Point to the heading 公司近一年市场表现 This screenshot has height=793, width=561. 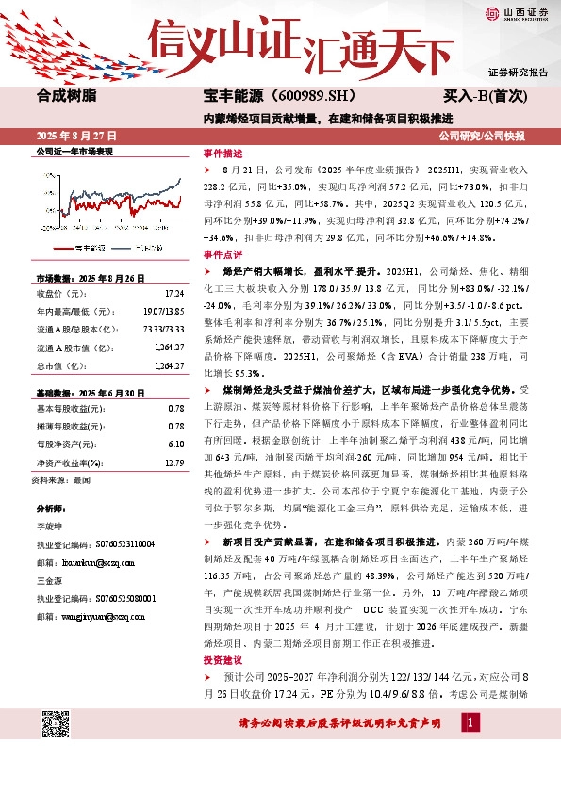[x=74, y=152]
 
